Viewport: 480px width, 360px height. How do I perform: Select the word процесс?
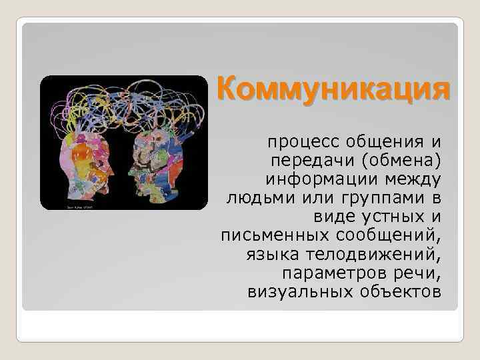point(298,142)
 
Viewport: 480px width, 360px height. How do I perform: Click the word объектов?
point(401,291)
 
